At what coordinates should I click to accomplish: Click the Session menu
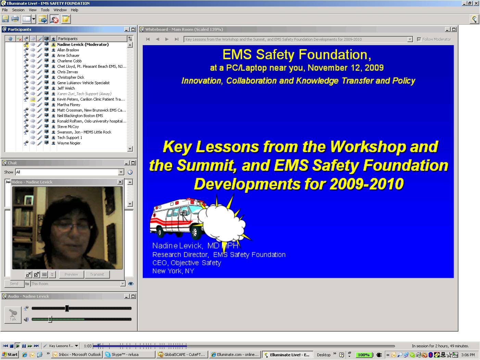pos(18,10)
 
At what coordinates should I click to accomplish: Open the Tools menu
pos(45,10)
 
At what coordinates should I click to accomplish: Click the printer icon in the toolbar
pos(15,19)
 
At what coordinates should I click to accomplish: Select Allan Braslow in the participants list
pos(68,50)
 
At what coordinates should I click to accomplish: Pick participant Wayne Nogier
pos(69,143)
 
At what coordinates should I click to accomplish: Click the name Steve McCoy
pos(68,127)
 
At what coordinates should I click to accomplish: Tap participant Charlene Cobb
pos(69,61)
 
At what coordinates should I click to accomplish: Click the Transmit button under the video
pos(97,274)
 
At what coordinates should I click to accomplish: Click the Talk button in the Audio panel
pos(13,315)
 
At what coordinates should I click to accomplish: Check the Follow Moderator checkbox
pos(419,40)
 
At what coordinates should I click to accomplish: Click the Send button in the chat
pos(14,284)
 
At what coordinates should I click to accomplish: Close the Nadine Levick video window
pos(120,182)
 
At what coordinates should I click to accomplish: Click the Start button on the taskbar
pos(10,355)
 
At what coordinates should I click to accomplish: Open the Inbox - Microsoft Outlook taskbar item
pos(77,355)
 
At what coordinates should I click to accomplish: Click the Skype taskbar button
pos(129,355)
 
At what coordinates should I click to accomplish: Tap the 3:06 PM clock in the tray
pos(468,355)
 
